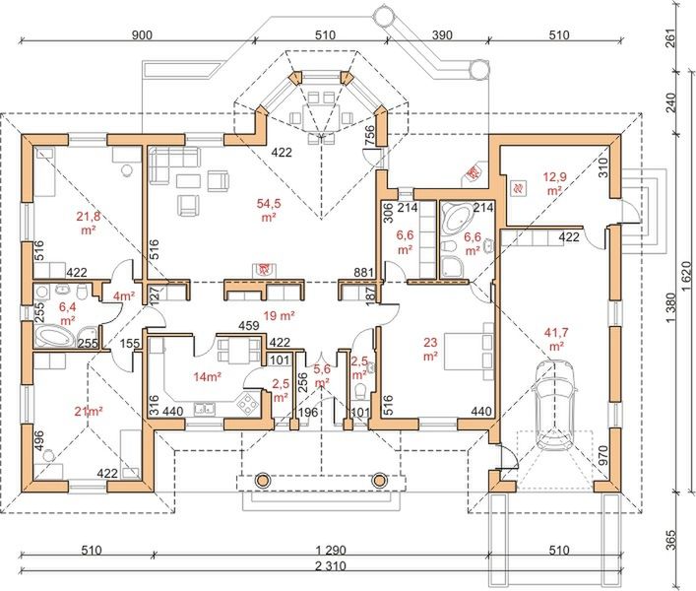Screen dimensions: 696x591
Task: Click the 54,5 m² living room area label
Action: click(269, 210)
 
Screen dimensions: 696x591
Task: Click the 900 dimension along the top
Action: click(142, 35)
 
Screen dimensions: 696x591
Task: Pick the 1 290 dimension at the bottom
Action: click(330, 551)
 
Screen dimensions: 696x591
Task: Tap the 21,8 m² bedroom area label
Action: click(89, 223)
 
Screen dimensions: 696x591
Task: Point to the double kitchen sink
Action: click(205, 409)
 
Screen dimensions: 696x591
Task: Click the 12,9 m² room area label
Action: click(555, 184)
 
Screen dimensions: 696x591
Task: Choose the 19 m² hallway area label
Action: click(280, 316)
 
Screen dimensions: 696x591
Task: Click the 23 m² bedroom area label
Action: click(430, 349)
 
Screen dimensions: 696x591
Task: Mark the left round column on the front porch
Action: click(262, 480)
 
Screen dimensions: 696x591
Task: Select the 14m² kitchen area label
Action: click(208, 377)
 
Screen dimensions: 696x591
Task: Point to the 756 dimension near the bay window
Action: click(370, 135)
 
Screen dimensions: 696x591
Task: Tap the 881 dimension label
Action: click(363, 273)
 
